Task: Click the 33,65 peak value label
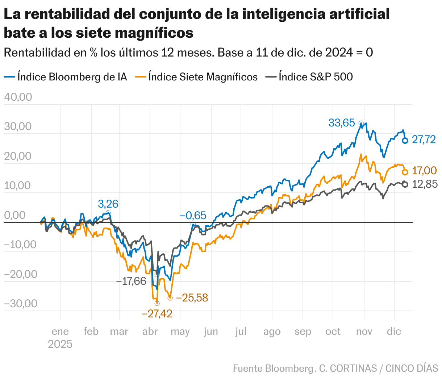[341, 123]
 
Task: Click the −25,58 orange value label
[192, 298]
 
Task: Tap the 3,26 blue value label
[108, 204]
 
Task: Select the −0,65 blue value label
[193, 216]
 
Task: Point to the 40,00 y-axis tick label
[18, 97]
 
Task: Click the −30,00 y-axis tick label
[20, 304]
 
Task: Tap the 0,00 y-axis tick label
[15, 215]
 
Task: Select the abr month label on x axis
[150, 332]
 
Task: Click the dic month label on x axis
[394, 332]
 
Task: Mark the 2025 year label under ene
[60, 344]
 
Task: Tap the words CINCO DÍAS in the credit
[412, 368]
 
